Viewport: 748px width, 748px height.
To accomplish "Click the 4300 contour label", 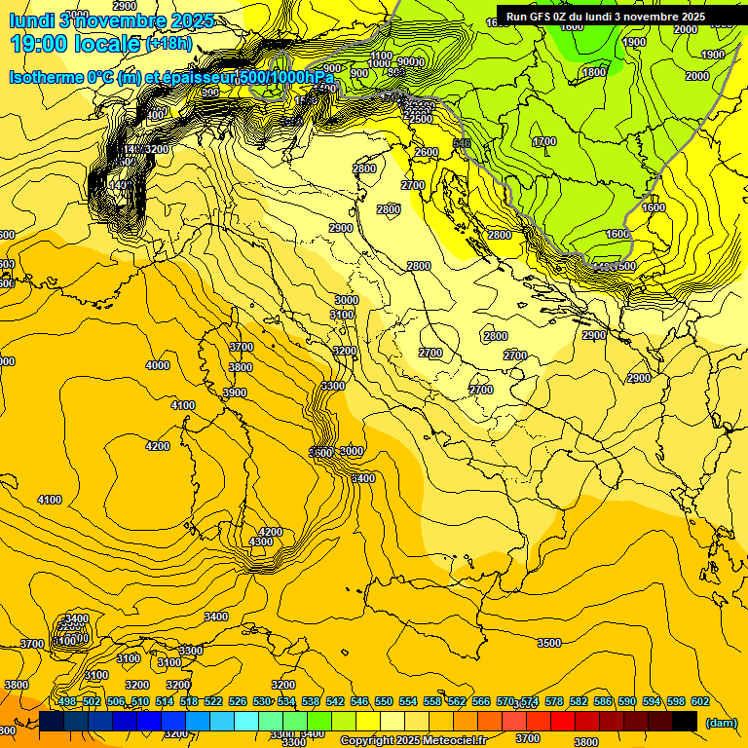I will point(261,542).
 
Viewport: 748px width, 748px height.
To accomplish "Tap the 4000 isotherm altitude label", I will point(157,365).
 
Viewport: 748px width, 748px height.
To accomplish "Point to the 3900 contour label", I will point(235,393).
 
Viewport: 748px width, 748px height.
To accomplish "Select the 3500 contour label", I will point(549,643).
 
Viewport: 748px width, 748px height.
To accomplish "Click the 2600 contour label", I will point(427,152).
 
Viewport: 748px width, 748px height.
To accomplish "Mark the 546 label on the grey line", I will point(462,143).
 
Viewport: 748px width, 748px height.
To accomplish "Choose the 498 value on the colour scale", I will point(66,701).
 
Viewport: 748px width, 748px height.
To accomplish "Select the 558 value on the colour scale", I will point(432,701).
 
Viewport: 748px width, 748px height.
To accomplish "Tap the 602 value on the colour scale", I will point(700,701).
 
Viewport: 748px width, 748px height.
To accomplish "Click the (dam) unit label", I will point(721,723).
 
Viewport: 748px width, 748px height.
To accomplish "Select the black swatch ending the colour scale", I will point(685,721).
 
